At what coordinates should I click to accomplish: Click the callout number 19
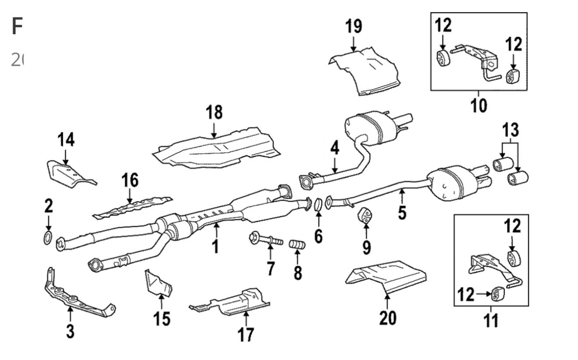click(x=354, y=26)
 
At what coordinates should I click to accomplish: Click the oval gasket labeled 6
click(x=318, y=204)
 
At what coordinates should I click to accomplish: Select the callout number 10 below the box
click(x=479, y=105)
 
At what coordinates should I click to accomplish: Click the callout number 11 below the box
click(x=491, y=320)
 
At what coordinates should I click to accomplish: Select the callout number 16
click(x=130, y=180)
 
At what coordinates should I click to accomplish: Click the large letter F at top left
click(x=17, y=27)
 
